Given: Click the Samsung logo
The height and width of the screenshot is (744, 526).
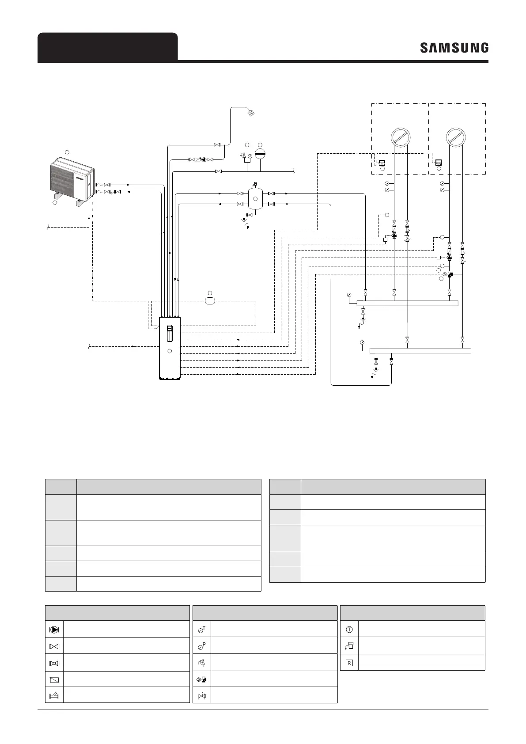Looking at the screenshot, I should [454, 48].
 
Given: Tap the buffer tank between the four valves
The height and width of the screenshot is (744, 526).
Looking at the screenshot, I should [255, 199].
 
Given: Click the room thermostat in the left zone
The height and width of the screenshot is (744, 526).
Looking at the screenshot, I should [382, 162].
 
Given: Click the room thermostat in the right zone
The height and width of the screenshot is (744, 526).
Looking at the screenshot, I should [439, 162].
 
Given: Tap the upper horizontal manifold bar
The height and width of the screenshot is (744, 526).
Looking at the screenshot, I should [407, 303].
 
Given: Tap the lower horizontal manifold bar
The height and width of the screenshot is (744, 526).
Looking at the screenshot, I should [420, 351].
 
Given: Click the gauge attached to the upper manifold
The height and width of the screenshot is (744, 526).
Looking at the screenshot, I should [349, 295].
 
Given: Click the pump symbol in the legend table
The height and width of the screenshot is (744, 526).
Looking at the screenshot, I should [55, 629].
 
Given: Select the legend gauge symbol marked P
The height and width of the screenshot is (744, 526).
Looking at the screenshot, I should [202, 646].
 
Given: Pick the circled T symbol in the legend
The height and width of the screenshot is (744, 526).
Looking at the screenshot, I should [349, 629].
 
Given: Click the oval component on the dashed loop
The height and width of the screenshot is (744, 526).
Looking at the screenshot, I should [210, 301].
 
